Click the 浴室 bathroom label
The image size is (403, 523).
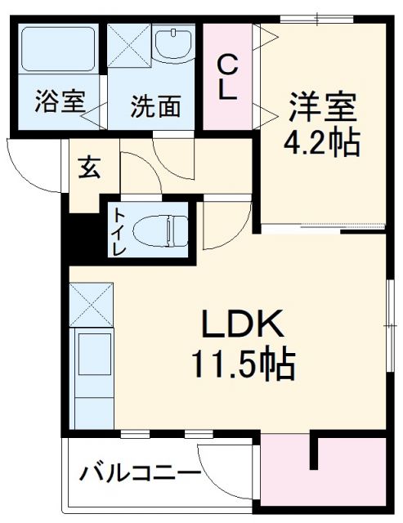(60, 104)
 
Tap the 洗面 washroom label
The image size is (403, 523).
(155, 106)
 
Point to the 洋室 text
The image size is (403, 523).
(322, 106)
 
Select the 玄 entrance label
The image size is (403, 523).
(89, 170)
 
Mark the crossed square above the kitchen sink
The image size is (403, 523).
(92, 303)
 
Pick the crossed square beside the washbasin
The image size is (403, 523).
(129, 44)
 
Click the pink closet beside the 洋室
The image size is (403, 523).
(230, 78)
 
